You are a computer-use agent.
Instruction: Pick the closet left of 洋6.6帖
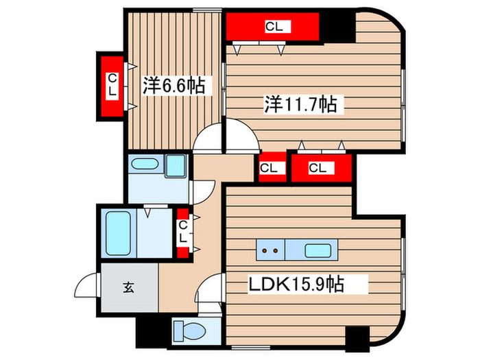[x=111, y=85]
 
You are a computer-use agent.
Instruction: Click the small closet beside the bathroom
[x=183, y=232]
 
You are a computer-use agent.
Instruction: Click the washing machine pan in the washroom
[x=145, y=167]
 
